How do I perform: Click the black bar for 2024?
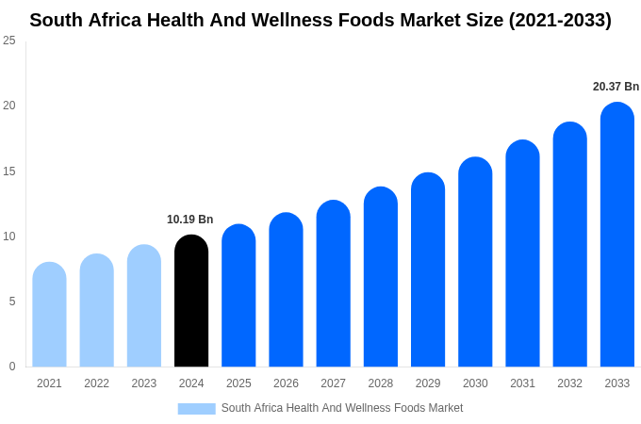coord(191,302)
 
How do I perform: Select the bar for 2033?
coord(617,236)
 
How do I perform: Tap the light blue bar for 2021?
coord(49,316)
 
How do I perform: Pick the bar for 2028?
coord(381,278)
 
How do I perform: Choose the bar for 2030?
coord(475,263)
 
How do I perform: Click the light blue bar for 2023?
coord(144,306)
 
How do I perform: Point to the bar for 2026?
coord(286,290)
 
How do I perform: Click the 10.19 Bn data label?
coord(190,220)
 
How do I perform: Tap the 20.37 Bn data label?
coord(616,87)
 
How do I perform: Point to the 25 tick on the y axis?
coord(9,41)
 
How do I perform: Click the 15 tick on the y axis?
coord(9,171)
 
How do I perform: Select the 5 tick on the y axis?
coord(12,302)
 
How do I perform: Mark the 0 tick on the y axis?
coord(12,367)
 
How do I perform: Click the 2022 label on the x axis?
coord(96,383)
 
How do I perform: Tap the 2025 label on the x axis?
coord(238,383)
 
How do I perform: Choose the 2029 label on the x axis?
coord(428,383)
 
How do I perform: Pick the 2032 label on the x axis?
coord(569,383)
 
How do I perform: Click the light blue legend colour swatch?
coord(196,409)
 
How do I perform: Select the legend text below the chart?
coord(342,408)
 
